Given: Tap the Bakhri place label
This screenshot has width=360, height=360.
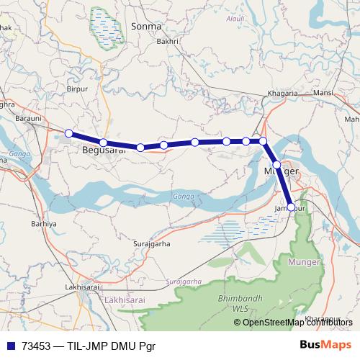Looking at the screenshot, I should point(167,42).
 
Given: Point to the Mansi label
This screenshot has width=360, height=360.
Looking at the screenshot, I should point(323,94).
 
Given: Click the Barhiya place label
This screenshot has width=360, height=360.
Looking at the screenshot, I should point(44,223).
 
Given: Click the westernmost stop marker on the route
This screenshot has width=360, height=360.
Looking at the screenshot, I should point(68,133).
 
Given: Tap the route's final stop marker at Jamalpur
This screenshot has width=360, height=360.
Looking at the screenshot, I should point(291,207).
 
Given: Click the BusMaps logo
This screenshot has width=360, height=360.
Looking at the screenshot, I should point(325,345).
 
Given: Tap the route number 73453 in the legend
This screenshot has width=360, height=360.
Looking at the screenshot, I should point(37,346).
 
